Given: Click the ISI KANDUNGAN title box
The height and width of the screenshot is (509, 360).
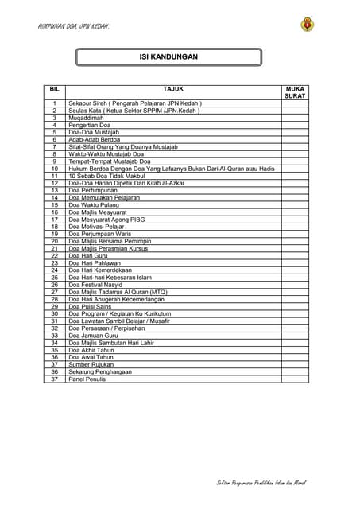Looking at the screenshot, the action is (x=168, y=57).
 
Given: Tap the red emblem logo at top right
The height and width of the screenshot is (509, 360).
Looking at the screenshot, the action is (x=307, y=25).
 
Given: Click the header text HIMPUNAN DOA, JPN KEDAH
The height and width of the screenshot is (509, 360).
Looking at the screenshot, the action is (x=73, y=26).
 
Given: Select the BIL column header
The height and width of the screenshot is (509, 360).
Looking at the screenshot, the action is (x=54, y=88).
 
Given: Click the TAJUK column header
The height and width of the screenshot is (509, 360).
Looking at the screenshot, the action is (x=172, y=88).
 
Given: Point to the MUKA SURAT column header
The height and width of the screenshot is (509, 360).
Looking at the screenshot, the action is (x=295, y=92).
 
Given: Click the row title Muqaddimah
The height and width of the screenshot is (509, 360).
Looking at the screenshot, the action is (x=87, y=118).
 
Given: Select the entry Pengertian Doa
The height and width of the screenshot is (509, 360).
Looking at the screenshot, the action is (x=89, y=125).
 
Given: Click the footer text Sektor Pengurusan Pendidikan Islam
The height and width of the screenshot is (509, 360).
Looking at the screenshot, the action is (x=261, y=483).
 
